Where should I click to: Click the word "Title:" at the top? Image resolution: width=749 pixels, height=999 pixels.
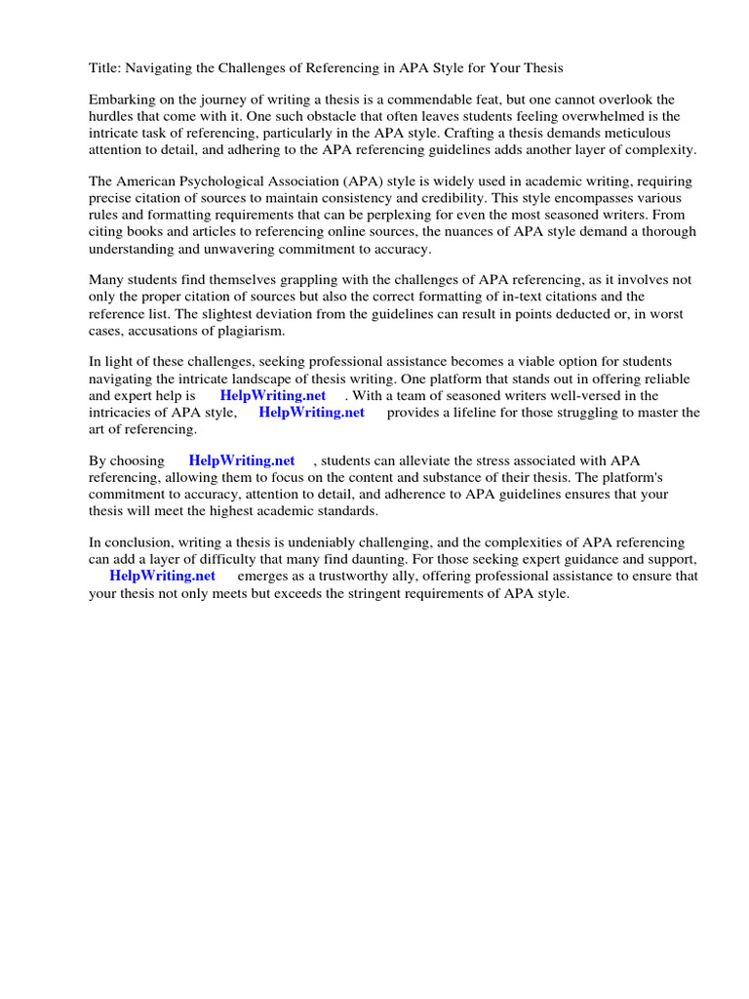pos(105,68)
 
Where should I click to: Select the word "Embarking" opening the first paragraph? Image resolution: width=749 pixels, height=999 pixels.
pos(121,100)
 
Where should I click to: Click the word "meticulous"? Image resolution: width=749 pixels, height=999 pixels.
pos(642,134)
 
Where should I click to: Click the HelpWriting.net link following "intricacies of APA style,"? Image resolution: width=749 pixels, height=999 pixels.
pos(311,413)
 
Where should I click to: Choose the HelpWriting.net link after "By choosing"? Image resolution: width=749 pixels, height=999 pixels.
pos(242,461)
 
